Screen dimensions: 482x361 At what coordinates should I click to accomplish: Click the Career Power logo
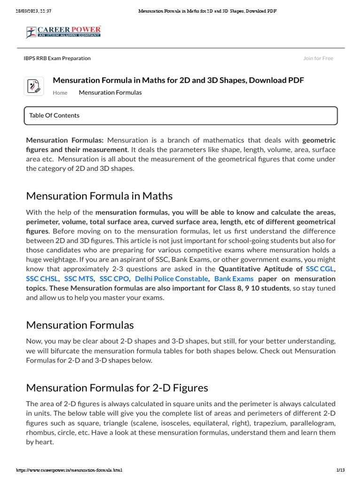(63, 32)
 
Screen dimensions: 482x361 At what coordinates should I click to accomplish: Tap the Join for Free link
(318, 58)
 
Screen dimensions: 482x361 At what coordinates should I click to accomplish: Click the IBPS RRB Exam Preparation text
(57, 58)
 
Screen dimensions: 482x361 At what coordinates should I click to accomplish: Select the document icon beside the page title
(34, 86)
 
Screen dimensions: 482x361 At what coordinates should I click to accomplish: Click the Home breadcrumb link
(60, 93)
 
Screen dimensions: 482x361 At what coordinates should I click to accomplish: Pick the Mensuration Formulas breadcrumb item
(110, 93)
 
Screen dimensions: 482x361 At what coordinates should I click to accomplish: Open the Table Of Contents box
(180, 116)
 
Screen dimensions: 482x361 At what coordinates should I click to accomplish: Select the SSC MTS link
(79, 279)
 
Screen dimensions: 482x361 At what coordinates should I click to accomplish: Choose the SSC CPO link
(114, 279)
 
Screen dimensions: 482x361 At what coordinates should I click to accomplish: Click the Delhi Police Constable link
(171, 279)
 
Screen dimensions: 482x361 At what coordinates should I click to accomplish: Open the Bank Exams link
(234, 279)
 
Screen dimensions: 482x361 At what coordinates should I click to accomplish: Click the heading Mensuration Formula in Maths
(99, 196)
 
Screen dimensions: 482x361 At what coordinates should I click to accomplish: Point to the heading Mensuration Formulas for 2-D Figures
(117, 388)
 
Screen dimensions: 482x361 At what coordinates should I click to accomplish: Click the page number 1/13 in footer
(341, 470)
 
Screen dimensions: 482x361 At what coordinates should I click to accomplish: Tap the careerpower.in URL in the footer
(69, 470)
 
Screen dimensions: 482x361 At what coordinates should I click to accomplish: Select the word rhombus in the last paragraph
(40, 433)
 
